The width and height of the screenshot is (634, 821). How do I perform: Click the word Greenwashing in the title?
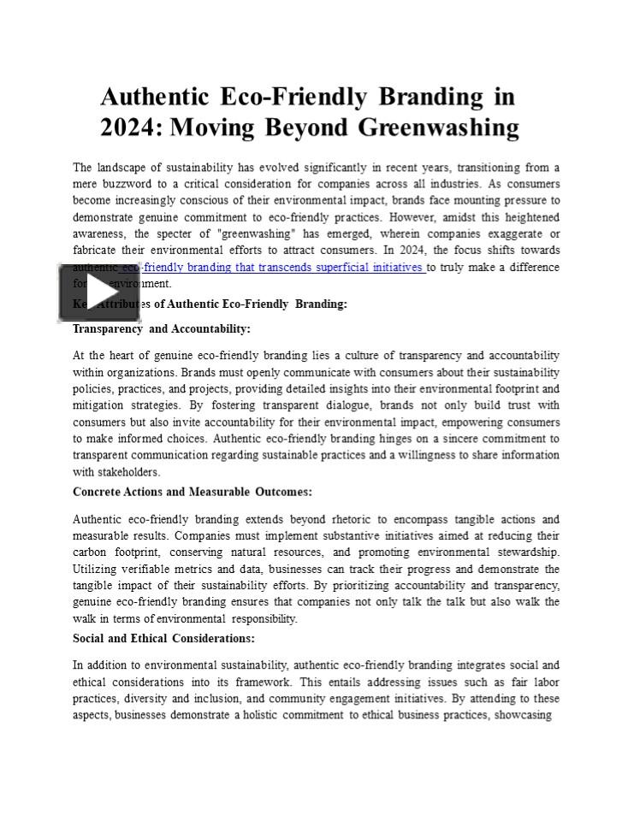438,127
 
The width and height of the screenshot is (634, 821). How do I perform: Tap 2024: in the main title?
132,127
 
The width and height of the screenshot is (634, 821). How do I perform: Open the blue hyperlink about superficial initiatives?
274,267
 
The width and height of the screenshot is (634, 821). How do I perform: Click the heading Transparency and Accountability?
162,328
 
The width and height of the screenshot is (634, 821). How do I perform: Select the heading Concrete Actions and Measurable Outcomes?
193,492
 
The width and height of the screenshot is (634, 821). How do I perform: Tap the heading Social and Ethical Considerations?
163,638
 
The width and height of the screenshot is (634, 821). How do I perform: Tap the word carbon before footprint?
89,552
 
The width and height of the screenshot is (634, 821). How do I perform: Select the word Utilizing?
96,569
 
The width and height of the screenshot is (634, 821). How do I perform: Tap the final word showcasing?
521,715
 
